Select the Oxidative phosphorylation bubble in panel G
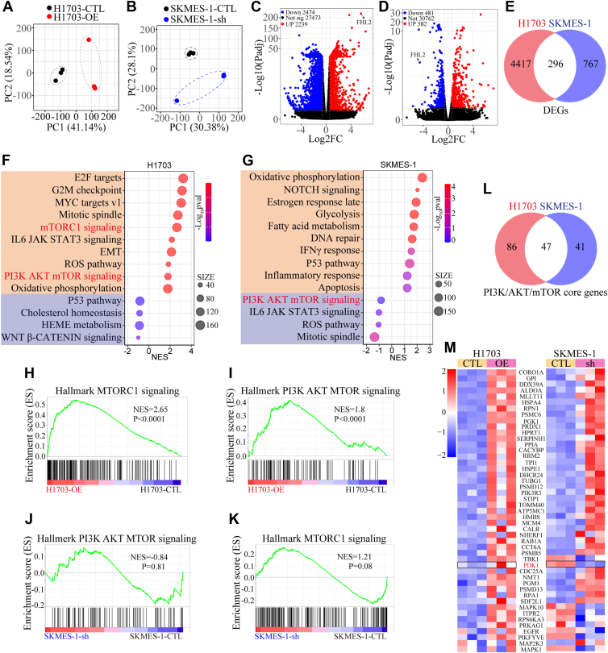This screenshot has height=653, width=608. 422,177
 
